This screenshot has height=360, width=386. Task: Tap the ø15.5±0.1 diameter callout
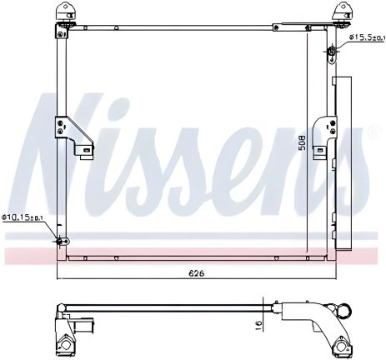(x=364, y=37)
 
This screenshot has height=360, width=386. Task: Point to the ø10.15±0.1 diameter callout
(x=26, y=217)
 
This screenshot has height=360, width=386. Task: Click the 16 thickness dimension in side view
(x=259, y=323)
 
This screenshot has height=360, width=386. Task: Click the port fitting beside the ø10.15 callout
(x=59, y=242)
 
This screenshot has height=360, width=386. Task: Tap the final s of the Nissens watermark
(x=354, y=167)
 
